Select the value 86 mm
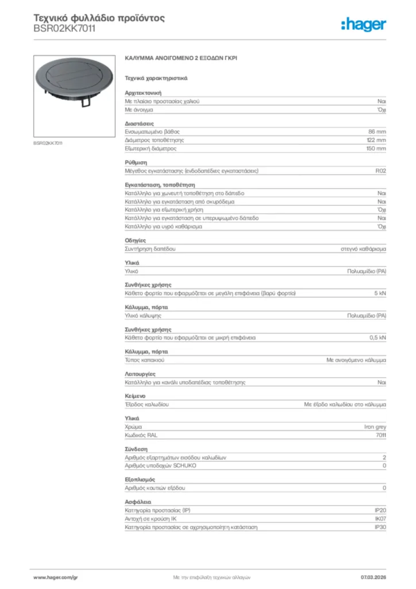377,132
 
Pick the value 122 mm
376,140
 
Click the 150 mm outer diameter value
376,148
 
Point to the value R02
380,171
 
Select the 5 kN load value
380,293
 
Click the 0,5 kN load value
378,338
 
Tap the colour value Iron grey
375,427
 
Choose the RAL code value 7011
380,435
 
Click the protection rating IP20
380,510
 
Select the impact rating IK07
380,518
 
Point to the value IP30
380,527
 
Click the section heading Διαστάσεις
139,124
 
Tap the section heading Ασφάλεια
138,502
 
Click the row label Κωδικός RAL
141,435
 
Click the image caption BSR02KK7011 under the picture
47,143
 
